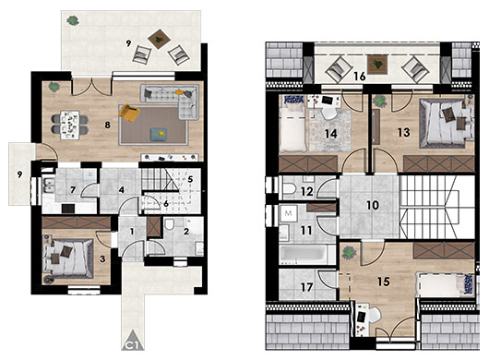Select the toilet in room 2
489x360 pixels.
(172, 225)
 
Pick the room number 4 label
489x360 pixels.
(121, 191)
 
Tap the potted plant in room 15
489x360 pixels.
(349, 251)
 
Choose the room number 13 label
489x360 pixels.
(402, 133)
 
